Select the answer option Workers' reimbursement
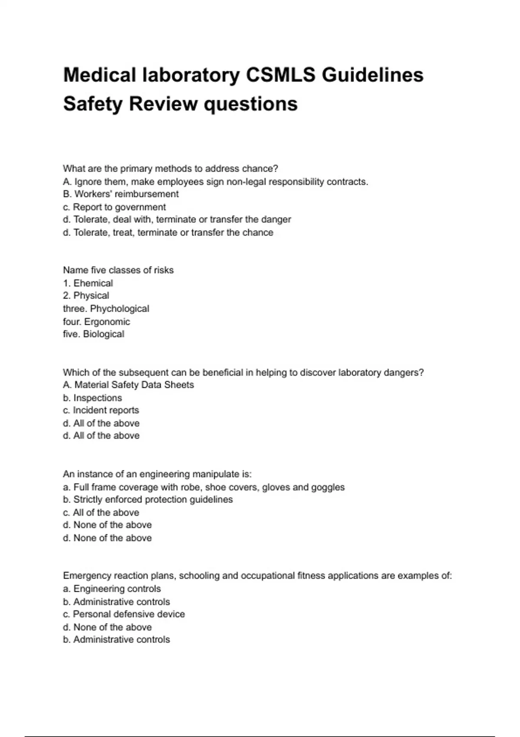point(120,194)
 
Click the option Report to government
point(114,207)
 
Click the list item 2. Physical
point(86,296)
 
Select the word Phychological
point(120,309)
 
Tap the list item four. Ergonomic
point(96,322)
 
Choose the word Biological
point(104,334)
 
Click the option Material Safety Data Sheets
point(128,385)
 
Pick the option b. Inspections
point(92,398)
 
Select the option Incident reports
point(101,410)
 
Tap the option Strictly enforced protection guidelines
point(148,499)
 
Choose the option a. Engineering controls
point(112,589)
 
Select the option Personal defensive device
point(124,614)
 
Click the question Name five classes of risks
point(118,270)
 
